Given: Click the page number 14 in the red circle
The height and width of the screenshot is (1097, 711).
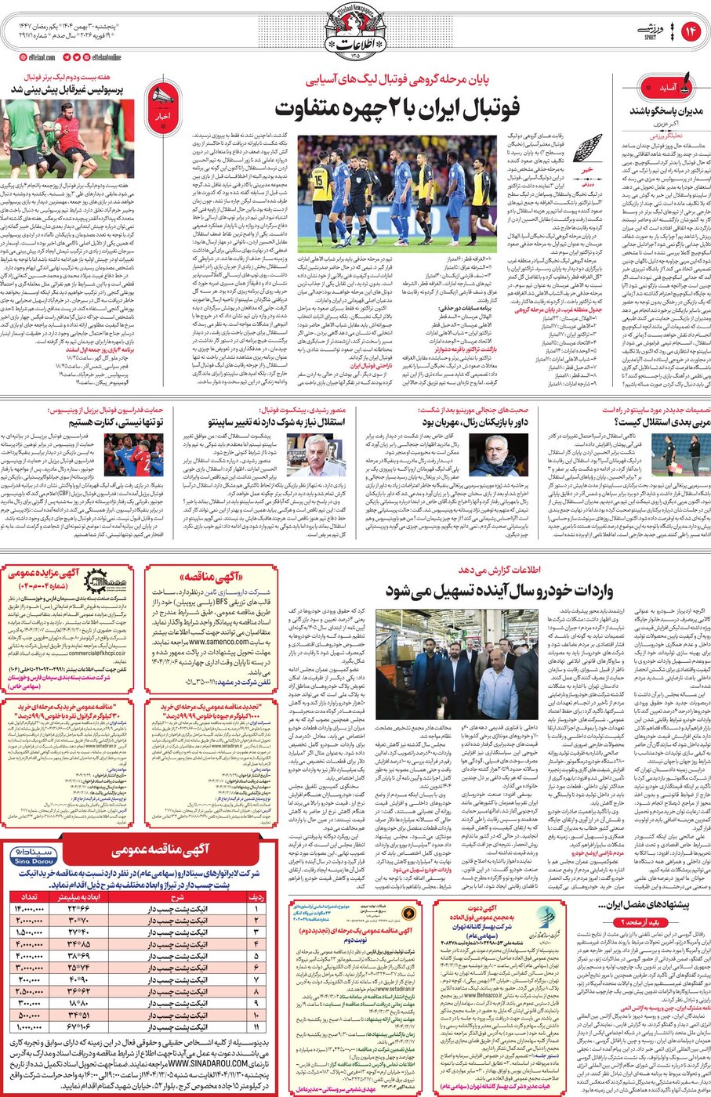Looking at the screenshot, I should point(691,31).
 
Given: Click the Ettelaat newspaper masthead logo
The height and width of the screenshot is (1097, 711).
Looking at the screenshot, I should point(355,35).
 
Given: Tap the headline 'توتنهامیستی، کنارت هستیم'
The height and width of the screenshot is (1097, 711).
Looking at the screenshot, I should point(115,422).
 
